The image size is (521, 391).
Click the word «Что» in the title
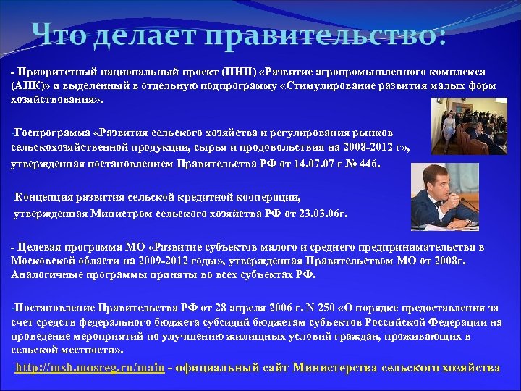click(x=61, y=34)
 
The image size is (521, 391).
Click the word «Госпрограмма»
click(x=51, y=133)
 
